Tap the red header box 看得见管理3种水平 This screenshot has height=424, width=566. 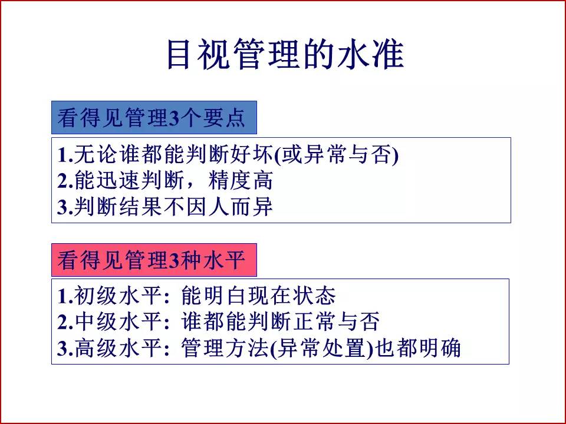154,260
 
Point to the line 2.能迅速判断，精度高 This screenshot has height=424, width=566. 165,181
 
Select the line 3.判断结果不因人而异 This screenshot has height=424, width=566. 165,207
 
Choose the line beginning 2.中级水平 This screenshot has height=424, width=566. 218,322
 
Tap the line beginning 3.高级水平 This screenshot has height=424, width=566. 259,348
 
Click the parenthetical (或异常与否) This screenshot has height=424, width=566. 337,155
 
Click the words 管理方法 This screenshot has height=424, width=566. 224,348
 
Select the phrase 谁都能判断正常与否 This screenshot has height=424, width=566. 280,322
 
